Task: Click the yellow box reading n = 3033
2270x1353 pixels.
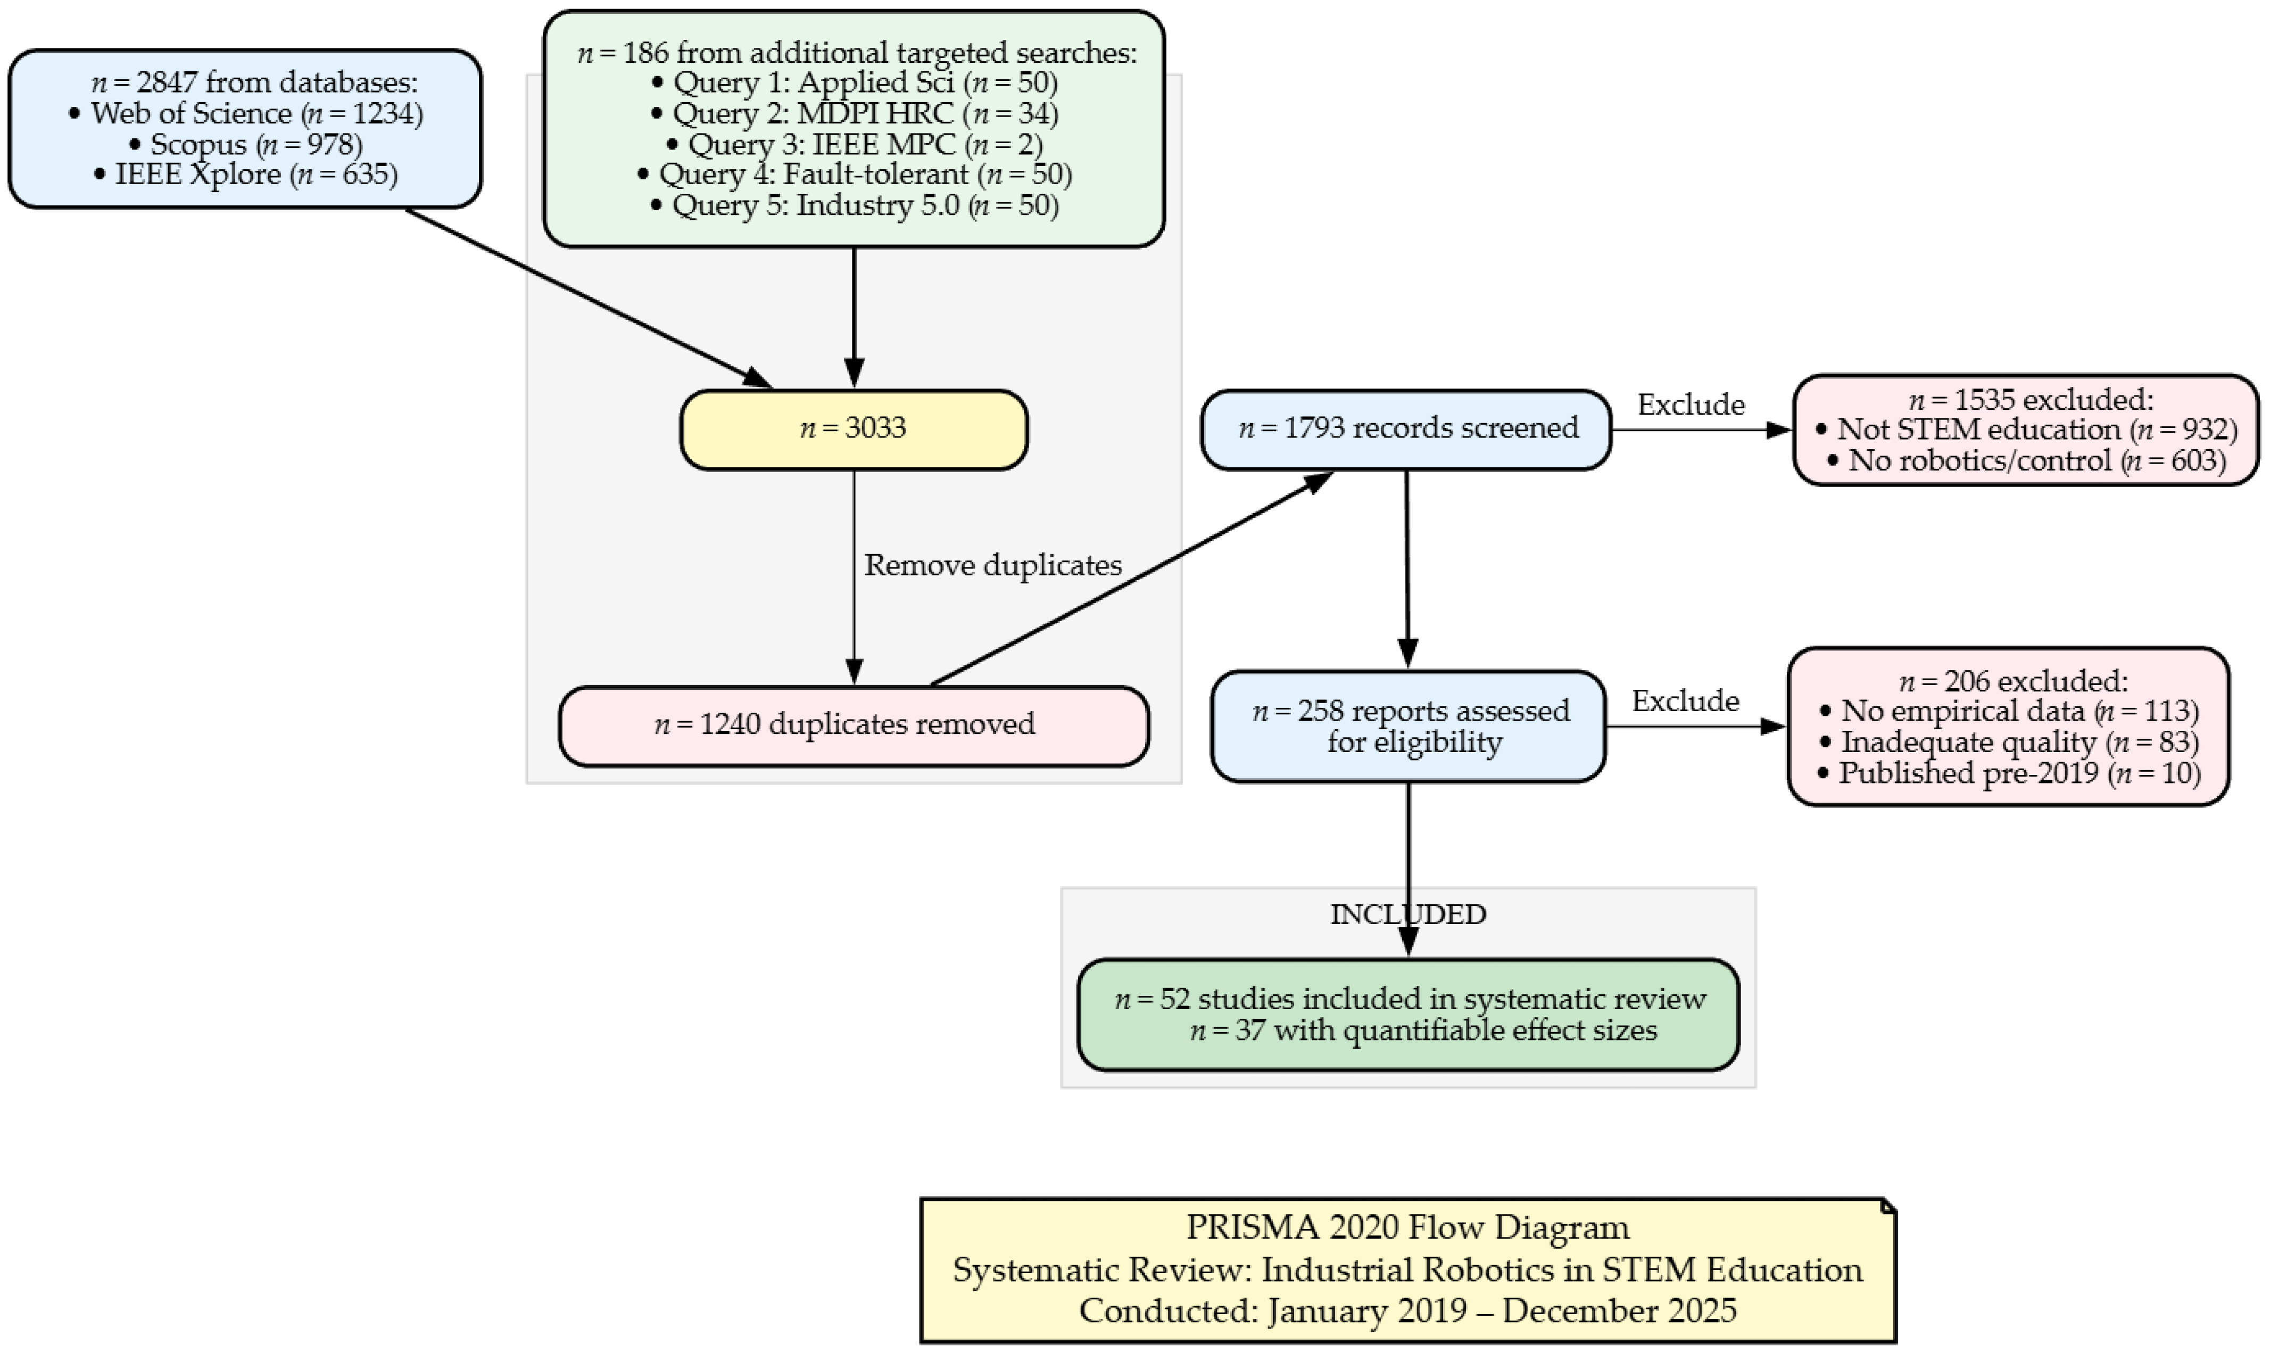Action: coord(854,430)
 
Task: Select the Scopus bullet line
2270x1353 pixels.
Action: coord(246,144)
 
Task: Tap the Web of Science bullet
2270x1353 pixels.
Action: coord(246,113)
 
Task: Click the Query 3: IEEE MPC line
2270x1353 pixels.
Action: coord(855,144)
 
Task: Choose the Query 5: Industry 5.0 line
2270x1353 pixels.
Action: coord(855,205)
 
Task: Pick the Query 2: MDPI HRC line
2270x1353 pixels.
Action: coord(855,113)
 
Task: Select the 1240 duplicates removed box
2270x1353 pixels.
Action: coord(854,725)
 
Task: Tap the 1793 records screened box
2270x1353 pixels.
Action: coord(1406,430)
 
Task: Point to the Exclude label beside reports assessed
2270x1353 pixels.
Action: coord(1685,700)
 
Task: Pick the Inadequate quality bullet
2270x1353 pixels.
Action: coord(2008,742)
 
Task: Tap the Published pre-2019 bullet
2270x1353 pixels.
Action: coord(2008,773)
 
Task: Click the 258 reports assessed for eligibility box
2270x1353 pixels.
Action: coord(1408,727)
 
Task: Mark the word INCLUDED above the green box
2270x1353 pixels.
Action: coord(1408,914)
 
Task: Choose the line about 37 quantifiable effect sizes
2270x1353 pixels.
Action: coord(1423,1031)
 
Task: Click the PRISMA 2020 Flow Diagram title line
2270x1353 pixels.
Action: coord(1408,1227)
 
